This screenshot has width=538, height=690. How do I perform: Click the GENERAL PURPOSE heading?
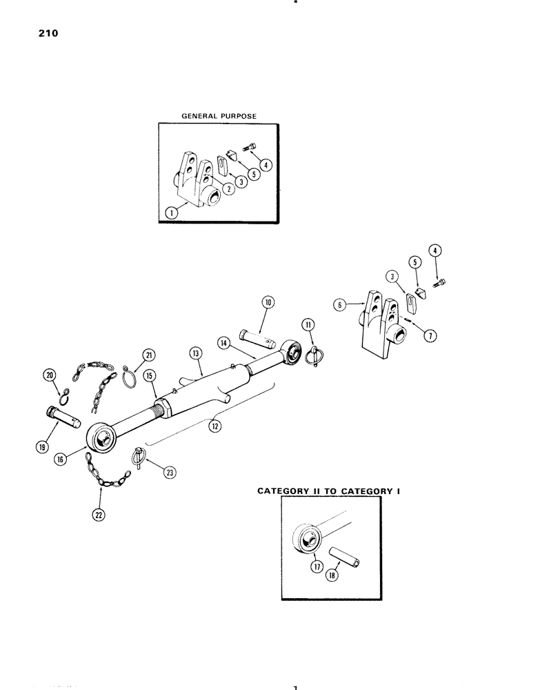[218, 117]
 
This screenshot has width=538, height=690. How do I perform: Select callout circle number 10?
[268, 302]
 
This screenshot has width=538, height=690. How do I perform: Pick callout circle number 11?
[307, 324]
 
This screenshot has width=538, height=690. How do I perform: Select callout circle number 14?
[224, 342]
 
